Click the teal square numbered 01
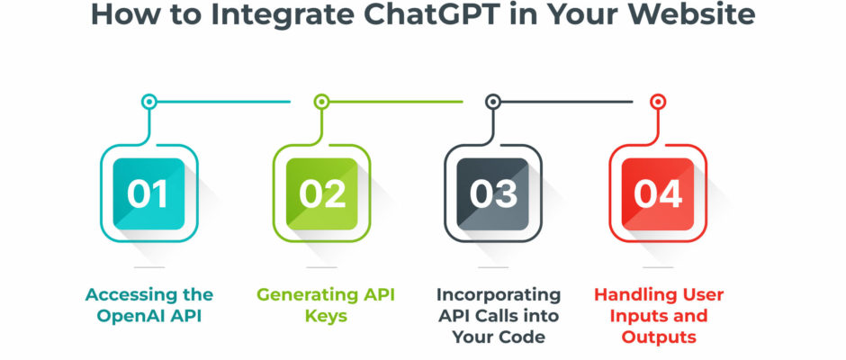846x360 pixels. point(148,193)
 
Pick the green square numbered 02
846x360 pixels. point(321,193)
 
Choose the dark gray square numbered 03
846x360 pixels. point(493,193)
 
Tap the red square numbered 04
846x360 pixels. point(658,193)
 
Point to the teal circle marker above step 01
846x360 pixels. point(148,102)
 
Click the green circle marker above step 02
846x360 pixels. point(321,102)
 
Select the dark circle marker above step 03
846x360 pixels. point(493,102)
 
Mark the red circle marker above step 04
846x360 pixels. point(658,102)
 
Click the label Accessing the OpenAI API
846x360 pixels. point(148,305)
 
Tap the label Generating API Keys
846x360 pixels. point(326,305)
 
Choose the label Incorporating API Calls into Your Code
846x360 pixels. point(499,316)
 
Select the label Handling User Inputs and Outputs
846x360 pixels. point(659,316)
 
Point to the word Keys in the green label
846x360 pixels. point(326,316)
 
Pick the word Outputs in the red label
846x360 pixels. point(659,337)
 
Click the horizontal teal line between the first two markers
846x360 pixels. point(223,102)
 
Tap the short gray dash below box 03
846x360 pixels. point(493,266)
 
